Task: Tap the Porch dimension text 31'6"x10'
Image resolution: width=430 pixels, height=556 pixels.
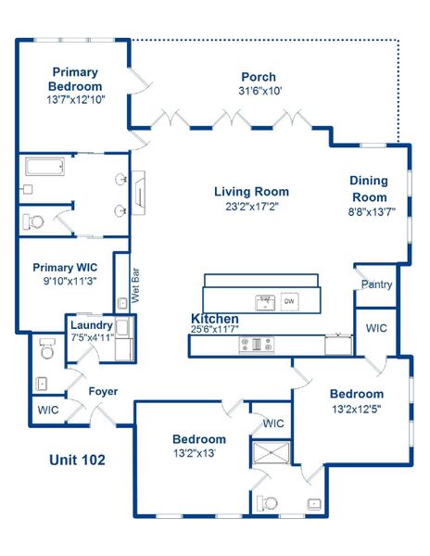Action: (x=259, y=92)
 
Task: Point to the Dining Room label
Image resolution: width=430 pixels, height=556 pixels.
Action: (x=369, y=189)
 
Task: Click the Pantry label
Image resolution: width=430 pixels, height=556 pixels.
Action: (x=376, y=284)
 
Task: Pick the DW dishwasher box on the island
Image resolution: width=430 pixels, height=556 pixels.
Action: (x=289, y=301)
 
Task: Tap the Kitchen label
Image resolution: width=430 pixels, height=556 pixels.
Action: (x=215, y=319)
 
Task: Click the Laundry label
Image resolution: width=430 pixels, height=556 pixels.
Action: (x=92, y=326)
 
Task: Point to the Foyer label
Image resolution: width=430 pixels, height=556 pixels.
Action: (x=103, y=391)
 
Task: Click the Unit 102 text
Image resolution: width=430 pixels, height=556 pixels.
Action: (x=76, y=459)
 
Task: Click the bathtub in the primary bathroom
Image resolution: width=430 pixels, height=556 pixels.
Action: (x=44, y=168)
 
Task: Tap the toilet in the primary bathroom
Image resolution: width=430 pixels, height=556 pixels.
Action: (x=33, y=221)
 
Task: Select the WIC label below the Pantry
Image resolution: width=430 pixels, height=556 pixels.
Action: (x=376, y=328)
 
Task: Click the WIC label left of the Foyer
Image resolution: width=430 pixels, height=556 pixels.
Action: (x=47, y=409)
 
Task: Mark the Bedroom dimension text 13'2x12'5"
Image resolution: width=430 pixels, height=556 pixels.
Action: (x=357, y=408)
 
